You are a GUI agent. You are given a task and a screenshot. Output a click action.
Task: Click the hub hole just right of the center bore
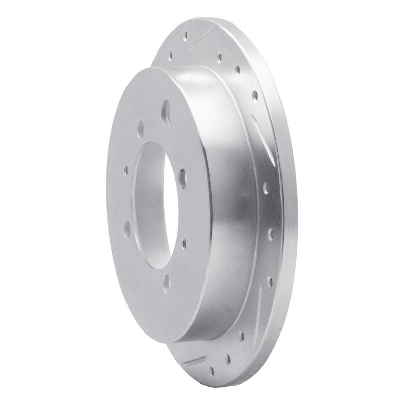182,179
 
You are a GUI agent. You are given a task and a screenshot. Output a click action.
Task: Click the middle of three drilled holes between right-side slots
270,234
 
